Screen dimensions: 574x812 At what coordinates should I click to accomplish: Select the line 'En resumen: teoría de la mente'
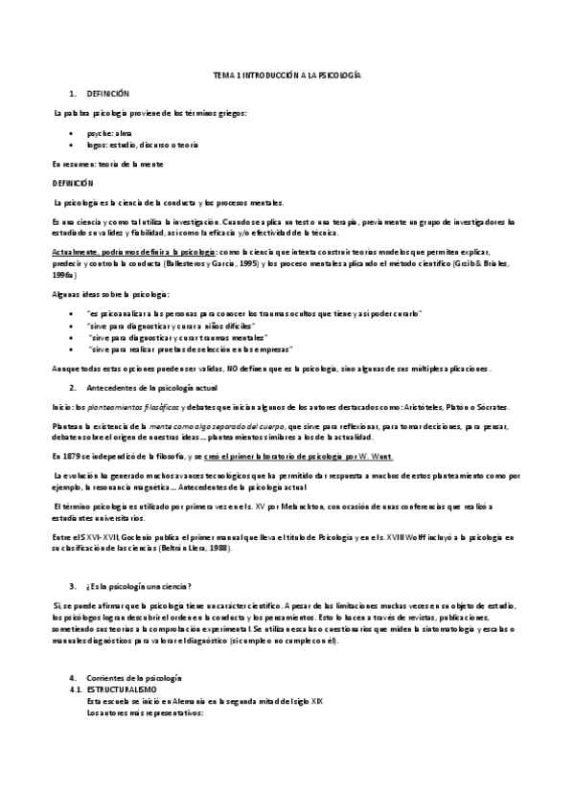coord(107,164)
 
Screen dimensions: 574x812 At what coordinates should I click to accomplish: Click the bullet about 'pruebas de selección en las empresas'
coord(189,350)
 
